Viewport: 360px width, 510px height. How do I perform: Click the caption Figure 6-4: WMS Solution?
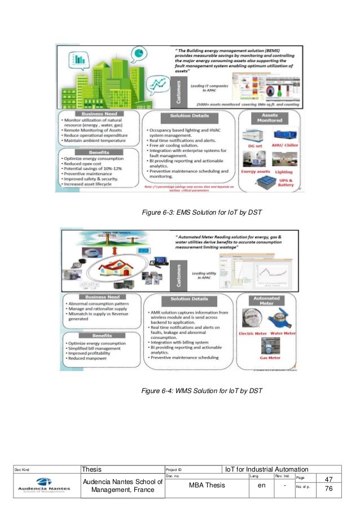coord(202,391)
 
